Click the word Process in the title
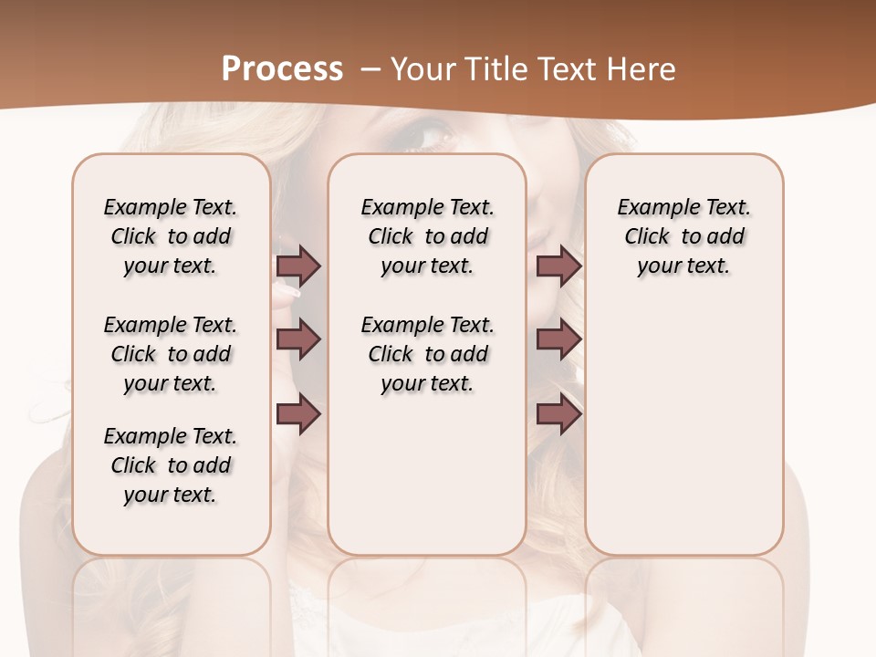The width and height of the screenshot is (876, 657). [x=282, y=69]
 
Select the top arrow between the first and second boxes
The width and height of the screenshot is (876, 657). [x=298, y=266]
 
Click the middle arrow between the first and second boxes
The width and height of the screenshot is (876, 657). [x=298, y=339]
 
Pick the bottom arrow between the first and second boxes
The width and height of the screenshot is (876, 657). [x=298, y=414]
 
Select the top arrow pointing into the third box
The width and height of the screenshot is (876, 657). [x=558, y=266]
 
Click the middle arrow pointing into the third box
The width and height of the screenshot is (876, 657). [x=558, y=339]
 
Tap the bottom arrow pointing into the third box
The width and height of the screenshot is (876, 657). [x=558, y=414]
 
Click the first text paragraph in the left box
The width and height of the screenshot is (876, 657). [x=171, y=236]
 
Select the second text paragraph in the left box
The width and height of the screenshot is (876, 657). [x=171, y=354]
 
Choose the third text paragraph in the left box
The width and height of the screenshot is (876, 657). [x=171, y=465]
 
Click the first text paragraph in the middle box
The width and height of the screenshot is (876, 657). [x=427, y=236]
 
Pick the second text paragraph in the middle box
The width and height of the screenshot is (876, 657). [x=427, y=354]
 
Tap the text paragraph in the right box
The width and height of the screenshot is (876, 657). [x=684, y=236]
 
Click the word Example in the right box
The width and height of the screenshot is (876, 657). [x=652, y=208]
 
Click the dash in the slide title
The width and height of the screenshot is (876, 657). [x=370, y=69]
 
